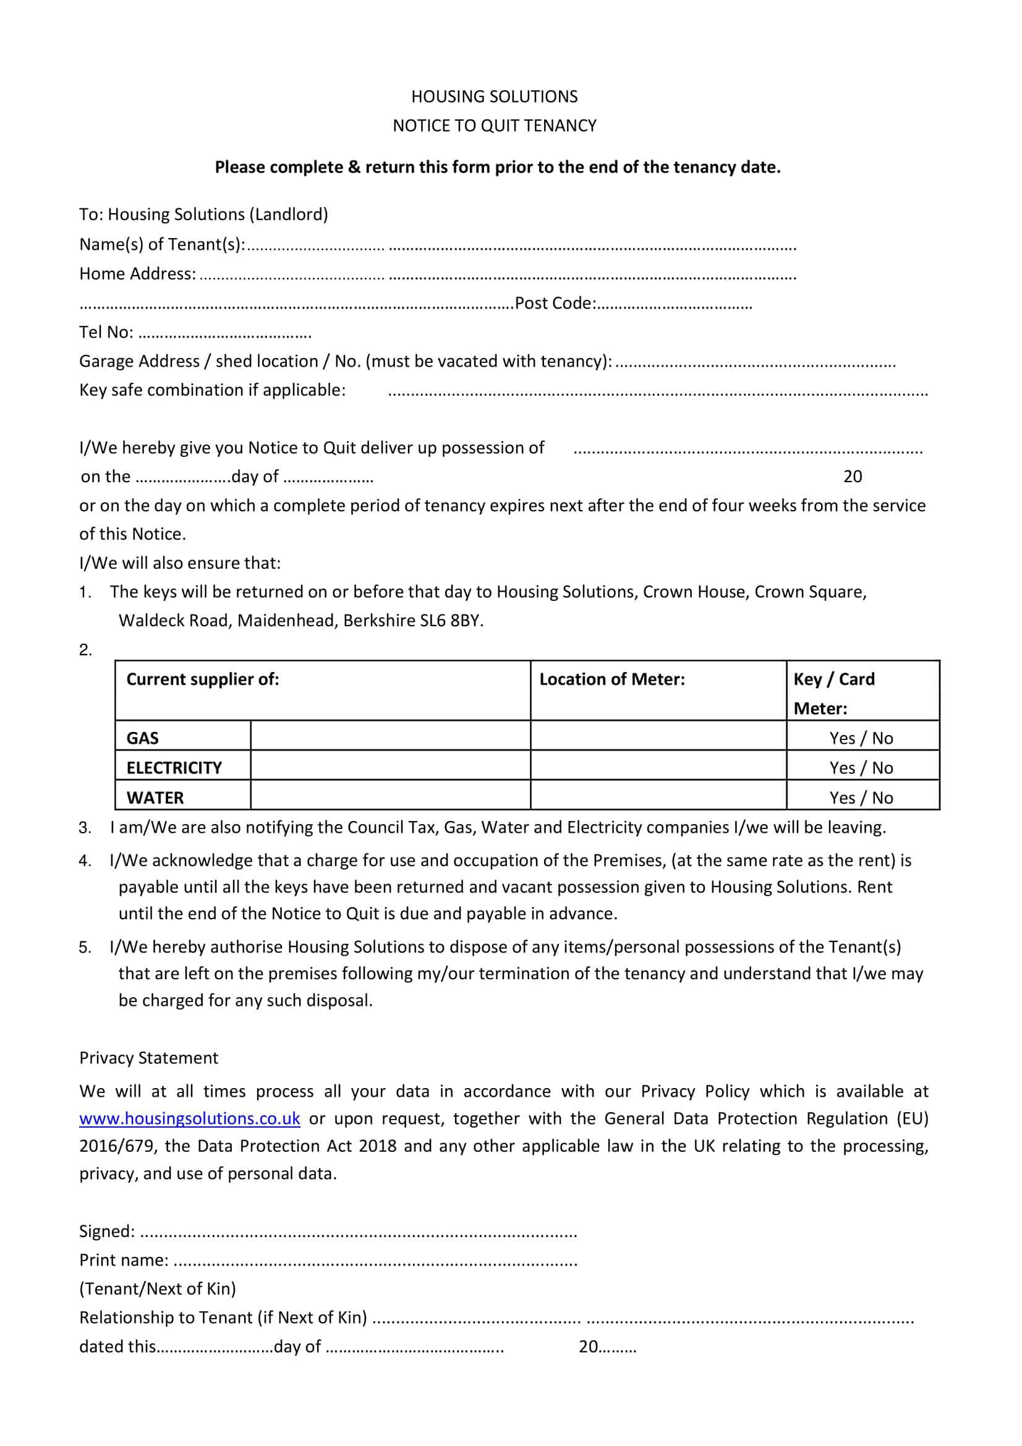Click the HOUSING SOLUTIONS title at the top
point(495,96)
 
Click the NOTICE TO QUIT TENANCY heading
point(495,126)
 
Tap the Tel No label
point(106,333)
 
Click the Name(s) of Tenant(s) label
point(162,244)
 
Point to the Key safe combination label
point(212,391)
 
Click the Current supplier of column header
point(203,679)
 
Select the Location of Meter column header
point(611,679)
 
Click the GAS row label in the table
point(142,738)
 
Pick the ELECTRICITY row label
point(174,768)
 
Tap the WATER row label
point(155,798)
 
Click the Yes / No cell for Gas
point(861,738)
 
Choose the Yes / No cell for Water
point(861,798)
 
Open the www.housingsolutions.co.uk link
point(190,1118)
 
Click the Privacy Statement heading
point(148,1058)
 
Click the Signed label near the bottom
point(106,1231)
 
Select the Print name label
point(124,1260)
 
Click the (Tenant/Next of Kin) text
point(158,1288)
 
